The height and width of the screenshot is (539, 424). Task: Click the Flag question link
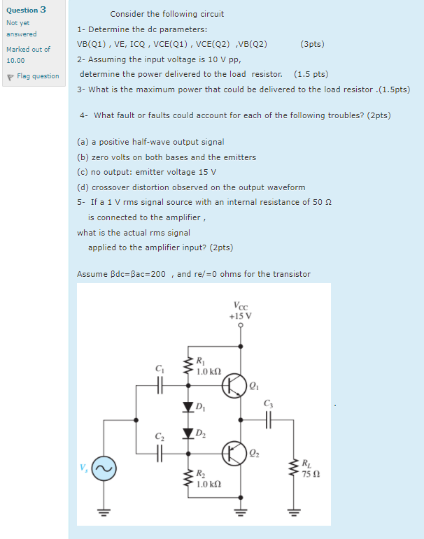(36, 76)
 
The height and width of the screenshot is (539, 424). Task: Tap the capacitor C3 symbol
(269, 419)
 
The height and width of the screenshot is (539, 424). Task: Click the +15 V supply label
(240, 315)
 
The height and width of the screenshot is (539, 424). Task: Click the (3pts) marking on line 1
(311, 44)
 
